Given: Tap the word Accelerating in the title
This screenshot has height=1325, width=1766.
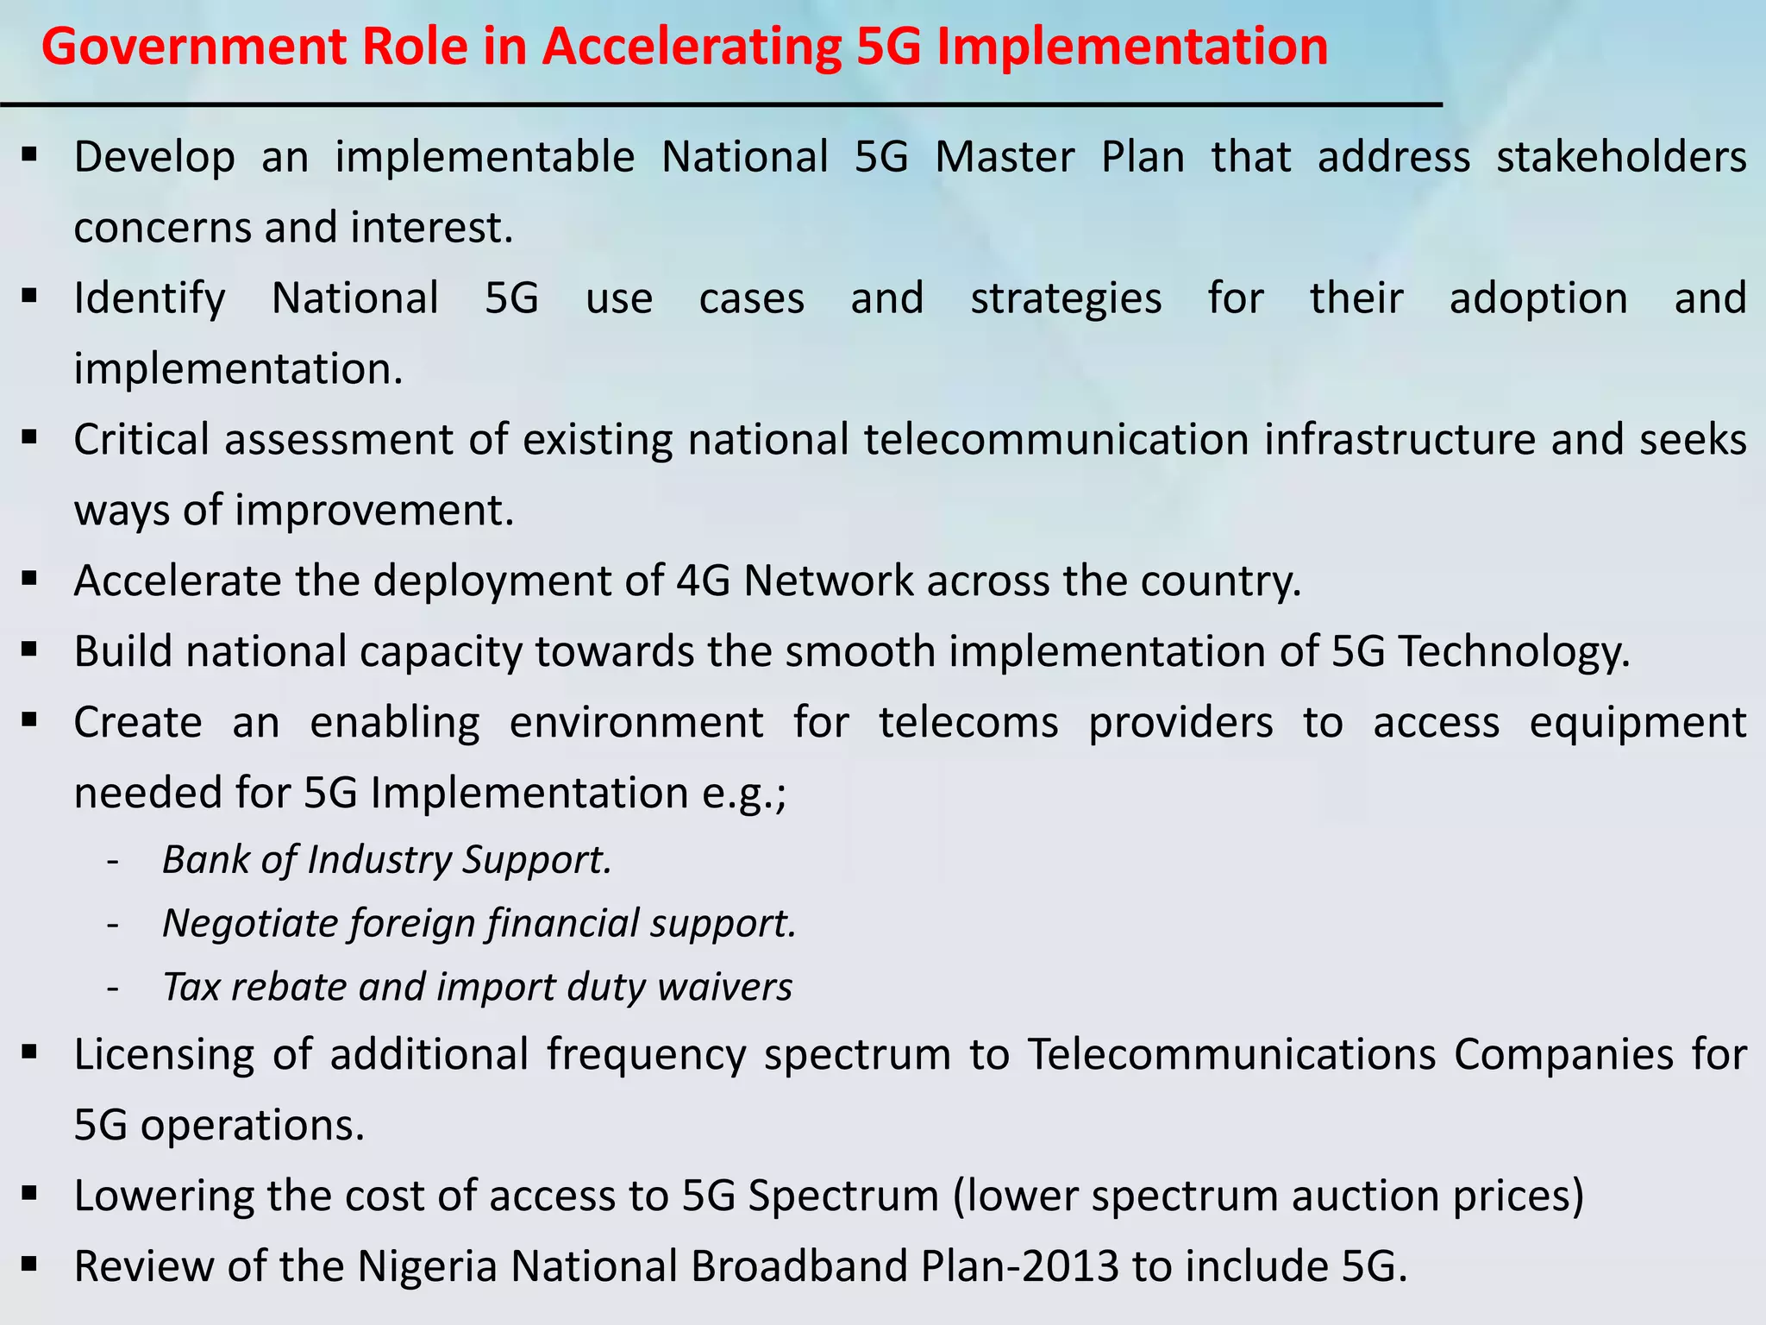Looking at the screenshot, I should tap(692, 47).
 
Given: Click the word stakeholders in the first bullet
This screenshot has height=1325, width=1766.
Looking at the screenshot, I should tap(1621, 157).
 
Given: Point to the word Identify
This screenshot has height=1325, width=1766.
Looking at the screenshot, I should tap(149, 298).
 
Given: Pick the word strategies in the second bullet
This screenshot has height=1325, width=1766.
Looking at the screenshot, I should tap(1066, 298).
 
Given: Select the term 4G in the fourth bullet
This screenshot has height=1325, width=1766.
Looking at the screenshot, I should tap(703, 581).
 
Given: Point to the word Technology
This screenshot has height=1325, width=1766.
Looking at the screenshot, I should tap(1512, 651).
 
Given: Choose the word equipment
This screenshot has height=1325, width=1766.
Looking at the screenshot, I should tap(1638, 722).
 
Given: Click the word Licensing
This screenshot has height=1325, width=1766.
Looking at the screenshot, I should tap(164, 1054).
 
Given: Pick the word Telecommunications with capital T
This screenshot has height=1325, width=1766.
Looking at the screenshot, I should tap(1231, 1054).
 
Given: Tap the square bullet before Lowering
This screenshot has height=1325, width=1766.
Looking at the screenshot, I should tap(30, 1194).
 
